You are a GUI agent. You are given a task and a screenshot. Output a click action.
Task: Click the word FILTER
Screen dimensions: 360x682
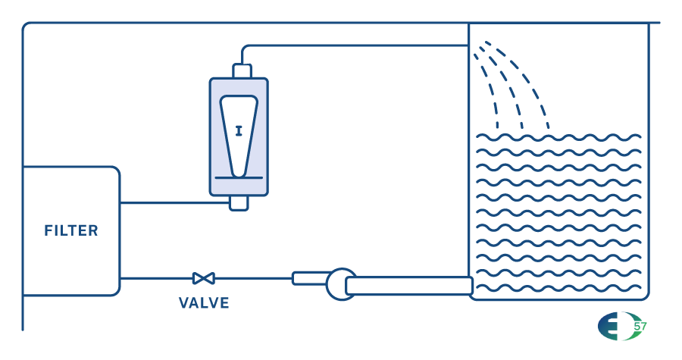71,230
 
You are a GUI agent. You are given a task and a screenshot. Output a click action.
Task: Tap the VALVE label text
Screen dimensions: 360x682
204,303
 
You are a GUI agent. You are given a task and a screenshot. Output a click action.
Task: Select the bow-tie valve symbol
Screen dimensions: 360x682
203,278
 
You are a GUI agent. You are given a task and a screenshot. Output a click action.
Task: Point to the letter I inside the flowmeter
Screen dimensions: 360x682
239,131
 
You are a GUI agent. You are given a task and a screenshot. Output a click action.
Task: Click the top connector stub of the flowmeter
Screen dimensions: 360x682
242,70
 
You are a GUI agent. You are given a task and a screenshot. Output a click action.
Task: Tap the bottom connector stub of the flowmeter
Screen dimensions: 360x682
239,203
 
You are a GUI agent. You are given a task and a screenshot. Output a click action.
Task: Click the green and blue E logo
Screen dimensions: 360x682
615,327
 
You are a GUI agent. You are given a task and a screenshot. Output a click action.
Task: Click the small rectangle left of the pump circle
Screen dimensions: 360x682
308,278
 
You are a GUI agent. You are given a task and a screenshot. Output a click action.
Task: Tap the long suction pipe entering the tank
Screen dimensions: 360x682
409,286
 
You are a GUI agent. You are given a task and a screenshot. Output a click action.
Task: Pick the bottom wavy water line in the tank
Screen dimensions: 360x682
558,287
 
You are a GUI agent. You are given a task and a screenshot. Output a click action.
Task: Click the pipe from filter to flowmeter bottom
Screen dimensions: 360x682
174,202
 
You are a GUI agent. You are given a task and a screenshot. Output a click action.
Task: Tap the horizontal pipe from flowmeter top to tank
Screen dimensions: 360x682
356,45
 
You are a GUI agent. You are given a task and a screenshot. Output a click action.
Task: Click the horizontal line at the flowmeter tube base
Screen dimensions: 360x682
239,178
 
